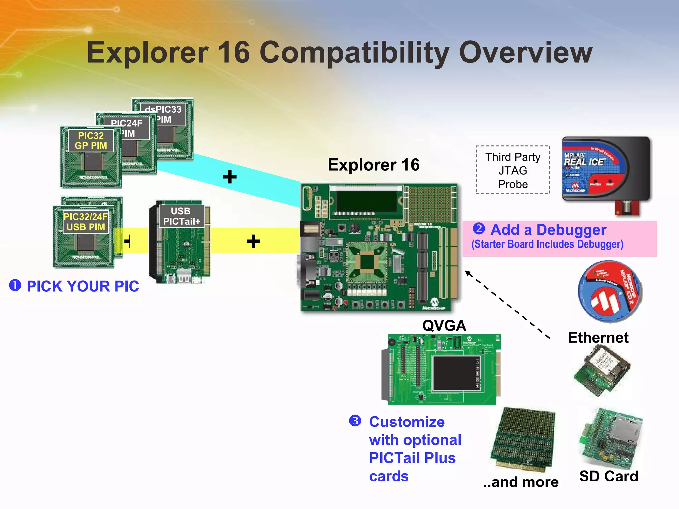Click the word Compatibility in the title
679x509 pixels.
[x=354, y=53]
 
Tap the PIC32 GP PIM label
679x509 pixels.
[x=91, y=141]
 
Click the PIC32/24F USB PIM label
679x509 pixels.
[x=86, y=222]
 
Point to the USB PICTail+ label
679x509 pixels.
[x=181, y=216]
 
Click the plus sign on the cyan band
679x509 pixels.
[x=230, y=177]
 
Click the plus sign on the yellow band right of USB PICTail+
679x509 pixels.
[x=253, y=241]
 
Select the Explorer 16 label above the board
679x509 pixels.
[x=374, y=165]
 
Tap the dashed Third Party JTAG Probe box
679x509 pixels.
[x=513, y=170]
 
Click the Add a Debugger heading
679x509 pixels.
[x=548, y=230]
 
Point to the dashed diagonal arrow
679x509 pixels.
[x=507, y=305]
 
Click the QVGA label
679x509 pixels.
[x=444, y=325]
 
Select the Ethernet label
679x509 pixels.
[x=598, y=338]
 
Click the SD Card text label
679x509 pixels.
[x=608, y=476]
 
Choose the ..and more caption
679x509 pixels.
[x=521, y=482]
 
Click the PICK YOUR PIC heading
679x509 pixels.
[x=82, y=286]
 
